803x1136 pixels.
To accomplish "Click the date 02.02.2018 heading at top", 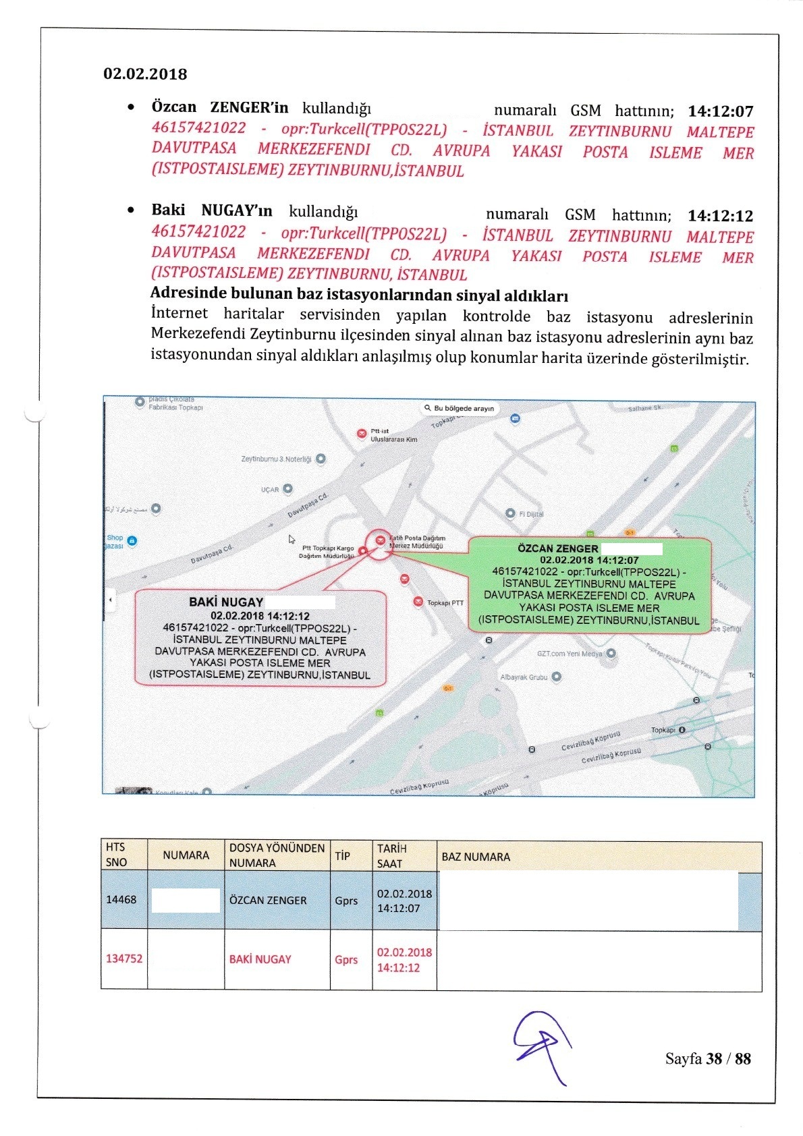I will point(145,74).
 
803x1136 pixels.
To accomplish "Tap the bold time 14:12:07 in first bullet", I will point(720,111).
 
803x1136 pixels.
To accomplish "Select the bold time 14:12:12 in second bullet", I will point(720,216).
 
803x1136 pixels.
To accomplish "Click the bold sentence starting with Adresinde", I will point(359,295).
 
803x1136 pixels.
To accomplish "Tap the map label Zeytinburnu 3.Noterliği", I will point(276,459).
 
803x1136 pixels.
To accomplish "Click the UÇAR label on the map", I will point(270,490).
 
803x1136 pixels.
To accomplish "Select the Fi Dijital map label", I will point(530,514).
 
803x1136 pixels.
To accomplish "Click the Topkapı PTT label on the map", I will point(445,602).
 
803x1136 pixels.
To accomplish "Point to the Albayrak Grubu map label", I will point(524,677).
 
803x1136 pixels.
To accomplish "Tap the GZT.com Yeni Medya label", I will point(570,654).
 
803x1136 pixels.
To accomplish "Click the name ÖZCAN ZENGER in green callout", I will point(557,548).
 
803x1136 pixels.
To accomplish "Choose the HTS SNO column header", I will point(116,855).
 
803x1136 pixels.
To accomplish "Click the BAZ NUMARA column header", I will point(476,857).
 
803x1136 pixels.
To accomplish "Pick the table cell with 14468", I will point(121,900).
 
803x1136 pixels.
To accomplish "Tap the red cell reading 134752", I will point(124,959).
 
